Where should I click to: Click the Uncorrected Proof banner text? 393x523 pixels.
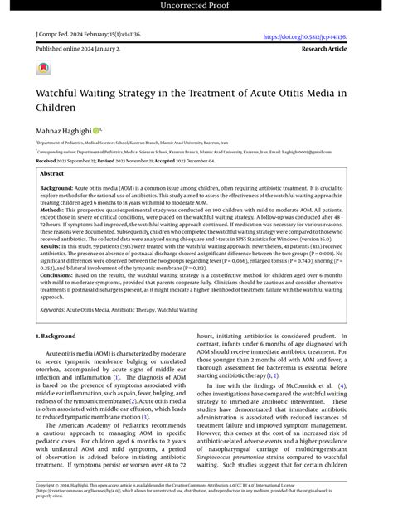[196, 7]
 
